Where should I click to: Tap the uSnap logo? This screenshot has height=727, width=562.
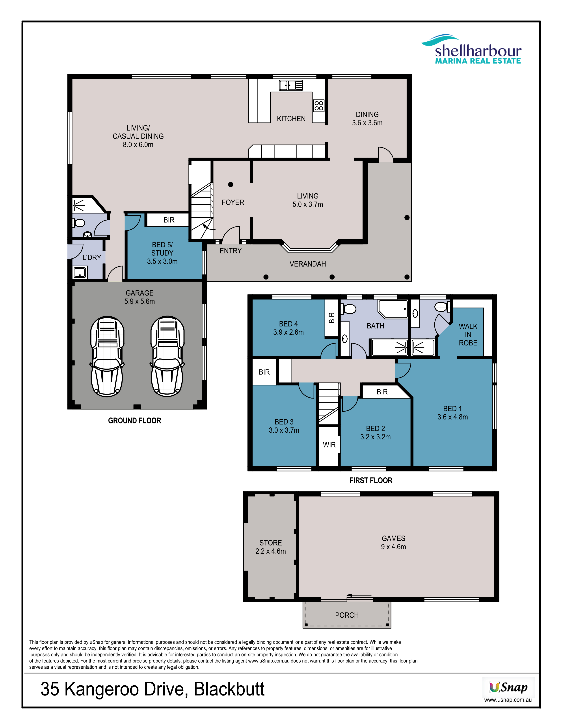(x=508, y=687)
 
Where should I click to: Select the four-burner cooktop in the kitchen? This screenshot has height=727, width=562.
(x=319, y=106)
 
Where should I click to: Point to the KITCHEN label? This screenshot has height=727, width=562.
(x=291, y=119)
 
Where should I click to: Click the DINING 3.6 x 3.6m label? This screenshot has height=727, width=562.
(x=367, y=119)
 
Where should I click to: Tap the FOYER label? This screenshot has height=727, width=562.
(x=233, y=202)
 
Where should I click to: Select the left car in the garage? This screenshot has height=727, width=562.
(x=107, y=356)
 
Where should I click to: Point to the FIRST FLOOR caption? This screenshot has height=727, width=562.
(x=371, y=480)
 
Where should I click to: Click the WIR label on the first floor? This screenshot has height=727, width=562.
(x=329, y=445)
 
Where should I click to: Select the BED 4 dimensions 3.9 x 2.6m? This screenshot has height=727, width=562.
(x=288, y=332)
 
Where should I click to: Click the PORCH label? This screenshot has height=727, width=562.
(x=347, y=615)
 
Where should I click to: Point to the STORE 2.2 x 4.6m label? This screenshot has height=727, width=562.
(x=270, y=547)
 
